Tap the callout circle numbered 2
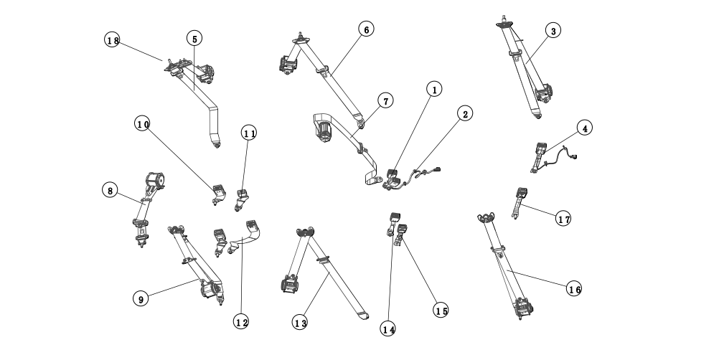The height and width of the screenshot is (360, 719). coord(465,114)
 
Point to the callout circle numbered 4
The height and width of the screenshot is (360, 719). coord(585,128)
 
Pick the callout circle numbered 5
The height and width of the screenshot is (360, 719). coord(194,38)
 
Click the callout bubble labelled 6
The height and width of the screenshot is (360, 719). coord(365,29)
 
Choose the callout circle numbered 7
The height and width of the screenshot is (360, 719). coord(385,101)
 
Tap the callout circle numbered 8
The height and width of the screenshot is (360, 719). coord(109,190)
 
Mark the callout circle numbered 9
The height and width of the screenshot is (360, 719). coord(140,298)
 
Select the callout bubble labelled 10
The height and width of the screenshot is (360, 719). coord(142,124)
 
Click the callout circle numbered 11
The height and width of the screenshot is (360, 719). coord(249,133)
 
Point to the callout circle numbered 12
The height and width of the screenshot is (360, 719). coord(240,322)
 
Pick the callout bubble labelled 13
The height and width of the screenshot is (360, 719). coord(300,323)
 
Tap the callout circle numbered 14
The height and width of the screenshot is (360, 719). coord(388,329)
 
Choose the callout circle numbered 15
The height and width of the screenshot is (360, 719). coord(441,310)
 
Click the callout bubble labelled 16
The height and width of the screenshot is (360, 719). coord(573,289)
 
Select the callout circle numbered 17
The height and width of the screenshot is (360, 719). coord(564,219)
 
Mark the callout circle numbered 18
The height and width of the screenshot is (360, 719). coord(113,40)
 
